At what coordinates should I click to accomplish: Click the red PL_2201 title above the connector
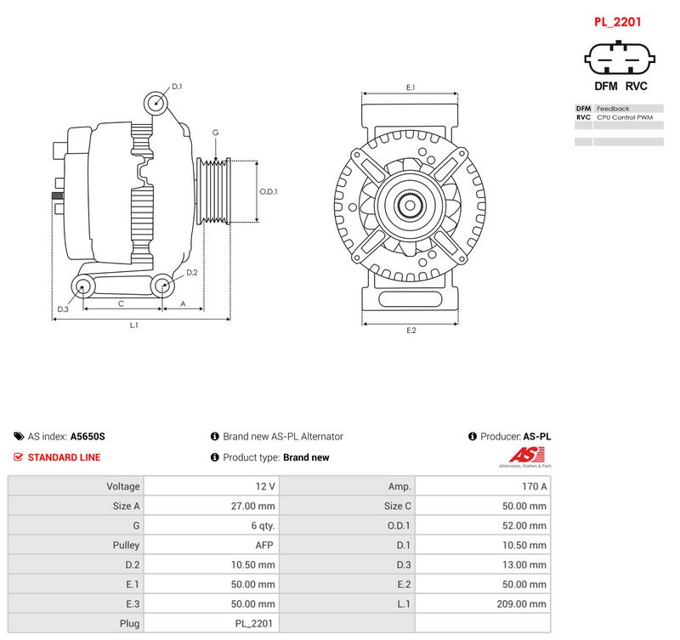pyautogui.click(x=617, y=22)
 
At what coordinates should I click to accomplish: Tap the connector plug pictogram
pyautogui.click(x=620, y=58)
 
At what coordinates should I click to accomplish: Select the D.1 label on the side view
pyautogui.click(x=177, y=87)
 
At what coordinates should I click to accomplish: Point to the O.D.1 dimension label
pyautogui.click(x=269, y=191)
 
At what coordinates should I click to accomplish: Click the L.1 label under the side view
pyautogui.click(x=134, y=325)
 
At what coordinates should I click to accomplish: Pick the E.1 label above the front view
pyautogui.click(x=411, y=88)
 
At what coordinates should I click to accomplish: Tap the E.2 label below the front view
pyautogui.click(x=411, y=331)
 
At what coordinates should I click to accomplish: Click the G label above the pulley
pyautogui.click(x=216, y=133)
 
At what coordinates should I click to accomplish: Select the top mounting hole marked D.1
pyautogui.click(x=156, y=103)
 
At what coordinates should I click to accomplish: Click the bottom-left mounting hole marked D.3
pyautogui.click(x=82, y=286)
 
